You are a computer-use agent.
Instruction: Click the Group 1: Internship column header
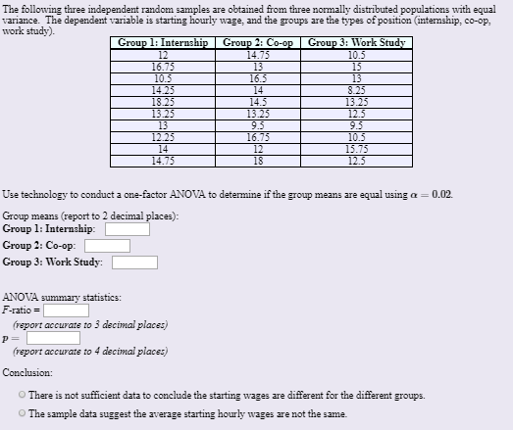163,43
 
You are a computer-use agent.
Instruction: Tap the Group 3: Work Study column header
356,43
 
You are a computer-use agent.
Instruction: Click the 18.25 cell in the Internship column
163,100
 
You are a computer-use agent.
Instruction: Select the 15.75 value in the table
356,147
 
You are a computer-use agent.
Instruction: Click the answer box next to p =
52,337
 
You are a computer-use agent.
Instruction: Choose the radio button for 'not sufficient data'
22,395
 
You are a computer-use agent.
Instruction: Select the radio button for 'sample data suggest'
22,413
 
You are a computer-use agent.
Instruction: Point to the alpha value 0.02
441,196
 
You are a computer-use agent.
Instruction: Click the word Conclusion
27,373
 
